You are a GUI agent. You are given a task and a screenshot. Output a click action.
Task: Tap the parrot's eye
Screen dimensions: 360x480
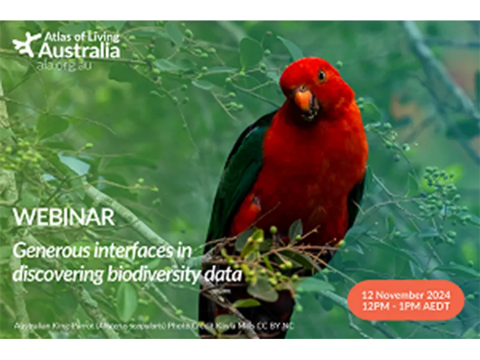[322, 76]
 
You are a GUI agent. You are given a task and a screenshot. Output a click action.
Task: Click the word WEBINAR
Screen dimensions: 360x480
[63, 217]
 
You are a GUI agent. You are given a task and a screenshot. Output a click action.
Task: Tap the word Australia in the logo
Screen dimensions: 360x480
[79, 52]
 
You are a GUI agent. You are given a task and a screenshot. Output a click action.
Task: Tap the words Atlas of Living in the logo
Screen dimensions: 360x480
[79, 37]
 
